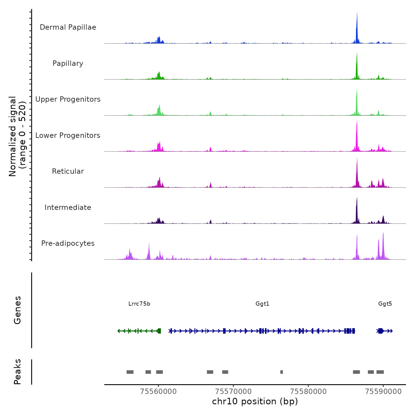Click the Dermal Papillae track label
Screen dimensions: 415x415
[x=68, y=27]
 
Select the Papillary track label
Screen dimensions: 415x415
[x=68, y=63]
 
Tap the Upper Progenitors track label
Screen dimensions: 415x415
[x=68, y=99]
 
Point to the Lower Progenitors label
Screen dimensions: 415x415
[x=68, y=135]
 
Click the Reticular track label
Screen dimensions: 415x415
[x=68, y=171]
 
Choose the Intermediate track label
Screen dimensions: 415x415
[x=68, y=207]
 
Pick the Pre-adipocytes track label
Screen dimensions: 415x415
[x=68, y=243]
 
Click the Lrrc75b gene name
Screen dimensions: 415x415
[x=139, y=304]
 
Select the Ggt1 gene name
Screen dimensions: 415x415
[x=262, y=304]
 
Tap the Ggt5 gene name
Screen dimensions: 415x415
[x=385, y=304]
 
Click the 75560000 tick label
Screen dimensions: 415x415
[x=158, y=391]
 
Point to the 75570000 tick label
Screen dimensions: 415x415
[x=233, y=391]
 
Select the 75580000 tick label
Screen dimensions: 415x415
[x=308, y=391]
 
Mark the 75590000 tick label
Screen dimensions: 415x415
[x=383, y=391]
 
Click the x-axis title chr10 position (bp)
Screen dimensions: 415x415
[x=255, y=401]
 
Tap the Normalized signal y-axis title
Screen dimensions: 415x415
[x=17, y=136]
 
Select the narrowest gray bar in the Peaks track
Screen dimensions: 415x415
[x=282, y=372]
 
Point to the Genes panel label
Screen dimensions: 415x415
[x=17, y=310]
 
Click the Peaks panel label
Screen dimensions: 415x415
[x=17, y=372]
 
